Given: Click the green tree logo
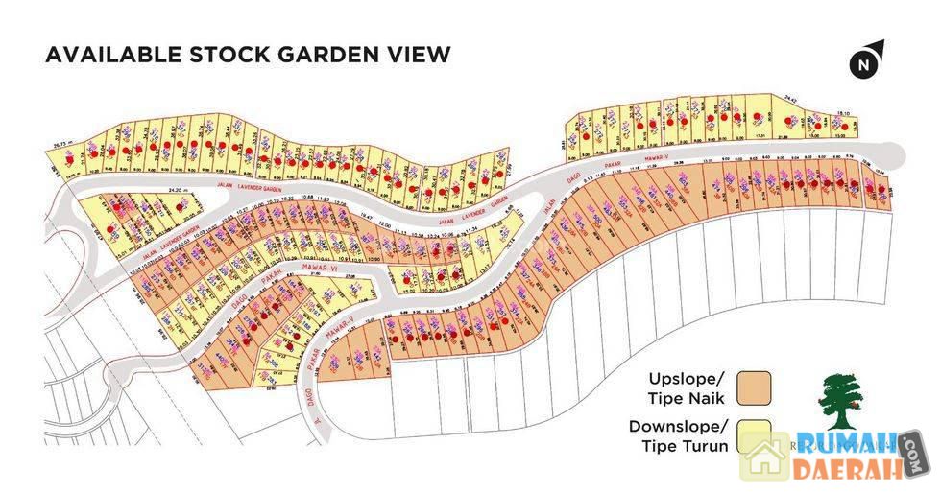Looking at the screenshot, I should pyautogui.click(x=840, y=402).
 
